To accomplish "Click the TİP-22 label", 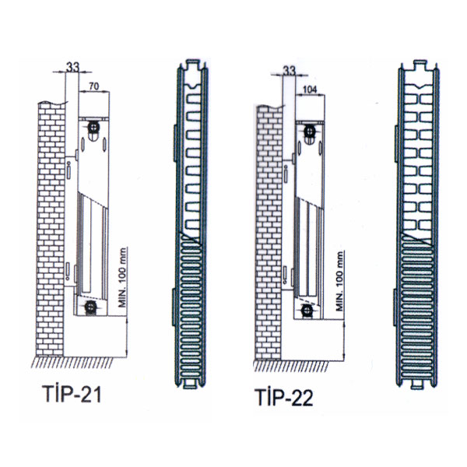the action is click(x=284, y=397).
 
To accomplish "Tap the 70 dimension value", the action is click(x=93, y=86).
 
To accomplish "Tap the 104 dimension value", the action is click(x=310, y=90).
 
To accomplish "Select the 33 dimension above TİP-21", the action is click(x=72, y=67).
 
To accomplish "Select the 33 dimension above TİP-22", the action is click(x=289, y=70).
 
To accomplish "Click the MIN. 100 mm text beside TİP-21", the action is click(x=122, y=278).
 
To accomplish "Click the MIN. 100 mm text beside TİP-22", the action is click(x=340, y=282).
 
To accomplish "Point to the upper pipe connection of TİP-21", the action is click(x=94, y=128).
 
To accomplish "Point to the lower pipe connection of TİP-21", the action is click(x=90, y=306).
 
